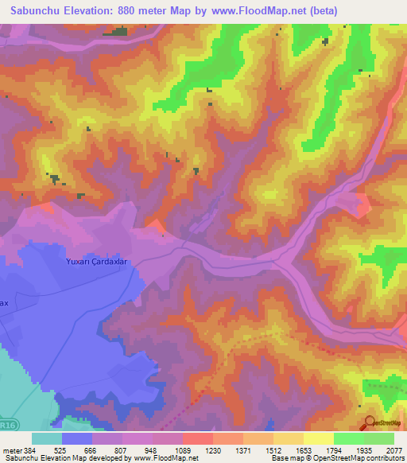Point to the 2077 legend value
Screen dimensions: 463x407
click(x=393, y=449)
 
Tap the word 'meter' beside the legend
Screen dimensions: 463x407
click(x=12, y=449)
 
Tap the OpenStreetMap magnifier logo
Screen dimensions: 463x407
click(x=369, y=424)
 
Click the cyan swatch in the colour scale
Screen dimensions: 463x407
click(x=47, y=438)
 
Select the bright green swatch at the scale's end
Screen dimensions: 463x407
click(x=379, y=438)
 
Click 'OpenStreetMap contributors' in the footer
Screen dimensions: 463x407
click(x=361, y=458)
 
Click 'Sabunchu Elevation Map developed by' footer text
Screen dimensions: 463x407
click(x=67, y=458)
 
